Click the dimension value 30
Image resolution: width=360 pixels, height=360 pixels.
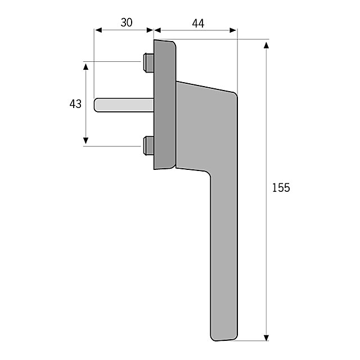(x=127, y=22)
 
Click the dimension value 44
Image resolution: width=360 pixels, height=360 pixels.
(x=198, y=24)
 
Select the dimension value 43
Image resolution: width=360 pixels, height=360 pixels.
(x=75, y=104)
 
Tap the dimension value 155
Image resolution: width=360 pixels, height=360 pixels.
(x=281, y=187)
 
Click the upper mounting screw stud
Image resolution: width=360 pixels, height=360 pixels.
(x=148, y=62)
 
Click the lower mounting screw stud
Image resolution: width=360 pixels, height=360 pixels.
(x=148, y=146)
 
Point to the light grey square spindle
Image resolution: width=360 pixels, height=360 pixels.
(x=124, y=105)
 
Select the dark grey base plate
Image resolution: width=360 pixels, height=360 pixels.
(x=165, y=105)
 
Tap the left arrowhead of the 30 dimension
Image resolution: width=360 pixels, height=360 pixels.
(x=98, y=30)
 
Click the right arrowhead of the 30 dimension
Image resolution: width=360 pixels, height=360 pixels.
(x=150, y=30)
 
